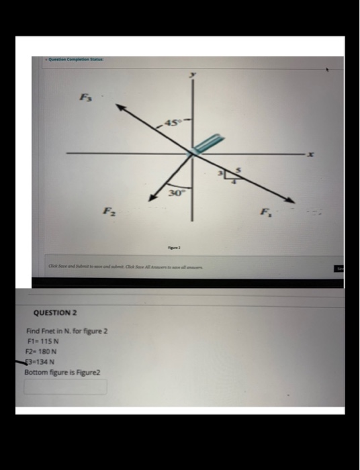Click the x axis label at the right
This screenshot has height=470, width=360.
click(x=310, y=156)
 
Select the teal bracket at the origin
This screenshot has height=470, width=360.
click(x=204, y=144)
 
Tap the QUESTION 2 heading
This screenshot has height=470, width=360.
click(x=55, y=313)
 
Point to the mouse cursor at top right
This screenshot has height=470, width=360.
click(x=328, y=68)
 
